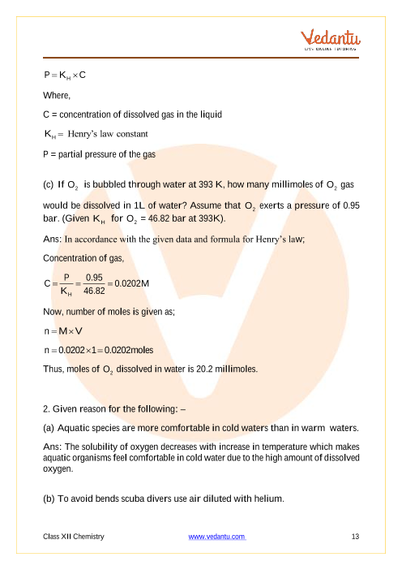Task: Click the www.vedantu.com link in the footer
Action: (216, 537)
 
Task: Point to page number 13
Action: (355, 537)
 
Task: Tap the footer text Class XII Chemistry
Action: (74, 537)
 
